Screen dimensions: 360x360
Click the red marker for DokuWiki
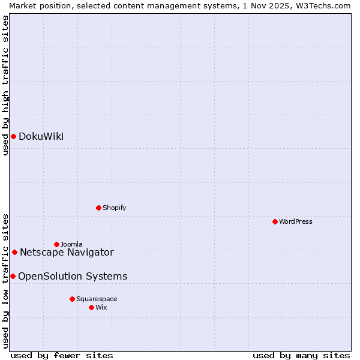pos(13,136)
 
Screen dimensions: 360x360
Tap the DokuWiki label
pos(41,137)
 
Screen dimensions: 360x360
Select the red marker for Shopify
pos(98,208)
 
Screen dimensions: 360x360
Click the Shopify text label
pos(114,208)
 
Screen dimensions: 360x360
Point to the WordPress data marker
pos(275,221)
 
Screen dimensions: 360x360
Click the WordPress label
pos(295,221)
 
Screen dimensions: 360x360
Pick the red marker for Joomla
pos(56,244)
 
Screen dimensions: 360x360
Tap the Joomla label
pos(71,244)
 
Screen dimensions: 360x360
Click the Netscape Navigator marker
pos(14,252)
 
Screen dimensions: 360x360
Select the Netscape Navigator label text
pos(66,253)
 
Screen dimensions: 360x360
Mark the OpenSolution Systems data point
pos(13,276)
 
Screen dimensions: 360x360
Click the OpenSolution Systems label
pos(73,277)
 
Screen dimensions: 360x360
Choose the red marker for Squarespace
pos(72,299)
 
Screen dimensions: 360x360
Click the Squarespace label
pos(96,299)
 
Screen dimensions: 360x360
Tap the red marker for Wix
pos(91,307)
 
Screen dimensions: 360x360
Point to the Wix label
pos(101,307)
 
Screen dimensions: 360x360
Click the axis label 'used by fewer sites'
pos(62,355)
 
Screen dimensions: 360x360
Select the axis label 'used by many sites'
pos(301,355)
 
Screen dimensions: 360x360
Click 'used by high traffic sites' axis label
pos(5,85)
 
